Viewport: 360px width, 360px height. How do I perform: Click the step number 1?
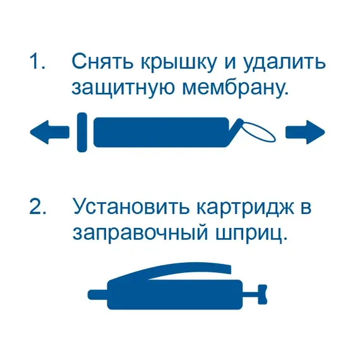click(37, 61)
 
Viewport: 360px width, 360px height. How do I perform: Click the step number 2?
click(38, 207)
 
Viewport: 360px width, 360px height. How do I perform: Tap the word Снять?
click(102, 61)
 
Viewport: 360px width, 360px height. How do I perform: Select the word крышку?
click(178, 63)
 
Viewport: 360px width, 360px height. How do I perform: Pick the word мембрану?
click(235, 88)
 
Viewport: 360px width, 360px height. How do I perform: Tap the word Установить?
click(131, 207)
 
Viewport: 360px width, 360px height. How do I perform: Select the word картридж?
click(245, 208)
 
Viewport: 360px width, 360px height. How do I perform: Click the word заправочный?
click(140, 234)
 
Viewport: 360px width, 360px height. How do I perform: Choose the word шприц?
click(251, 235)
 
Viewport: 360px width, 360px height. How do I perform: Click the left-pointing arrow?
click(50, 132)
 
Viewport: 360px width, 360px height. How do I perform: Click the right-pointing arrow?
click(305, 132)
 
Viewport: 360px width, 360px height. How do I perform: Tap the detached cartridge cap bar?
click(82, 132)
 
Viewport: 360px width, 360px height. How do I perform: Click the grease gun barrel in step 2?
click(175, 294)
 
